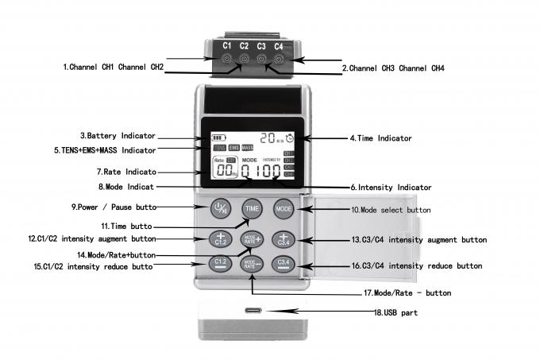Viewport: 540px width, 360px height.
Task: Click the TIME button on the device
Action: pyautogui.click(x=252, y=208)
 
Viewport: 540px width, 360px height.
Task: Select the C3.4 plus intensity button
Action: pyautogui.click(x=283, y=238)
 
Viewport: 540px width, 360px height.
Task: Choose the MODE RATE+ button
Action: pyautogui.click(x=252, y=238)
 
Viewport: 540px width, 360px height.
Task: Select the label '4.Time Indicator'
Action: pyautogui.click(x=380, y=137)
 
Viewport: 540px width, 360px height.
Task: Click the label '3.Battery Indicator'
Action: pyautogui.click(x=118, y=136)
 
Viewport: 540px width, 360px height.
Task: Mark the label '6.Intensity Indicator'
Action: pyautogui.click(x=391, y=187)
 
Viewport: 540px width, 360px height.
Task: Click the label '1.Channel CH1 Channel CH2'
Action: pyautogui.click(x=114, y=67)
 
